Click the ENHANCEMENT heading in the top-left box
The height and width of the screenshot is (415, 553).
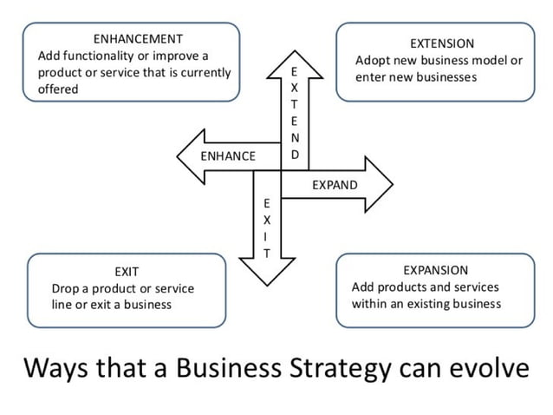137,38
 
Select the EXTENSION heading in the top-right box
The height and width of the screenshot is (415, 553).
442,43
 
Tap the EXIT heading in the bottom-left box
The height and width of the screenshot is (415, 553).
127,271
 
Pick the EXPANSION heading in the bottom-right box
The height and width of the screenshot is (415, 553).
435,270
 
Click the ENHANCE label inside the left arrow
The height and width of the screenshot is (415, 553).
228,156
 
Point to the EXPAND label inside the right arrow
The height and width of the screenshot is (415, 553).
334,185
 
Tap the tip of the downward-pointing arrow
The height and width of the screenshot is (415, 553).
267,286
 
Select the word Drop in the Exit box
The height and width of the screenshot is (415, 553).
66,288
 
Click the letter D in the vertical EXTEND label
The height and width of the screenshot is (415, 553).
295,155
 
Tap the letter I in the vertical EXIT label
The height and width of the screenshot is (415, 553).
267,235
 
